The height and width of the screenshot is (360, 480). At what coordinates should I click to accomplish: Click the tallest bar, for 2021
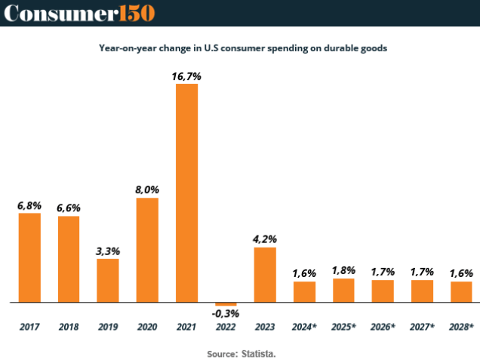pos(186,192)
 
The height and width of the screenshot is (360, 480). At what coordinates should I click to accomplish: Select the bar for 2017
pos(29,257)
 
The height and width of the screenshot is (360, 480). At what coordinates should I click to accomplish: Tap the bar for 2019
pos(108,280)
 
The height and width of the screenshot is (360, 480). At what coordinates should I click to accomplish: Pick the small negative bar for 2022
pos(226,304)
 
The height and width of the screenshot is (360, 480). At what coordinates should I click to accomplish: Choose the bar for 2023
pos(265,275)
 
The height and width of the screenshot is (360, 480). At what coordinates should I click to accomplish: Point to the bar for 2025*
pos(343,291)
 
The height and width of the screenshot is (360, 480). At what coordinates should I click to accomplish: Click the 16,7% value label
pos(187,76)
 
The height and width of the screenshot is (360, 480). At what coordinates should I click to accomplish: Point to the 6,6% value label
pos(69,208)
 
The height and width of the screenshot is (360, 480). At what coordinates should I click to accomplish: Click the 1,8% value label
pos(343,270)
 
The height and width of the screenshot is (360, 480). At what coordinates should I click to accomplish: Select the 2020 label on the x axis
pos(147,327)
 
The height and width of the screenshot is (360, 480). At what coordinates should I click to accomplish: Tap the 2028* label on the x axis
pos(460,327)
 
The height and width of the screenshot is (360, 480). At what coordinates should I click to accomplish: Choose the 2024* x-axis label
pos(304,327)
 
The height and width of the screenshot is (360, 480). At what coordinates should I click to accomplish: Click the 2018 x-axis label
pos(69,327)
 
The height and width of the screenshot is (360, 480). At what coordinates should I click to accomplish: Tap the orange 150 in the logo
pos(135,13)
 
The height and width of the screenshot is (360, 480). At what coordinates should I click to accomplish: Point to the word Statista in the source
pos(259,352)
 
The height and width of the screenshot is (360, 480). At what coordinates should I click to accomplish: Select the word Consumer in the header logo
pos(59,13)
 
